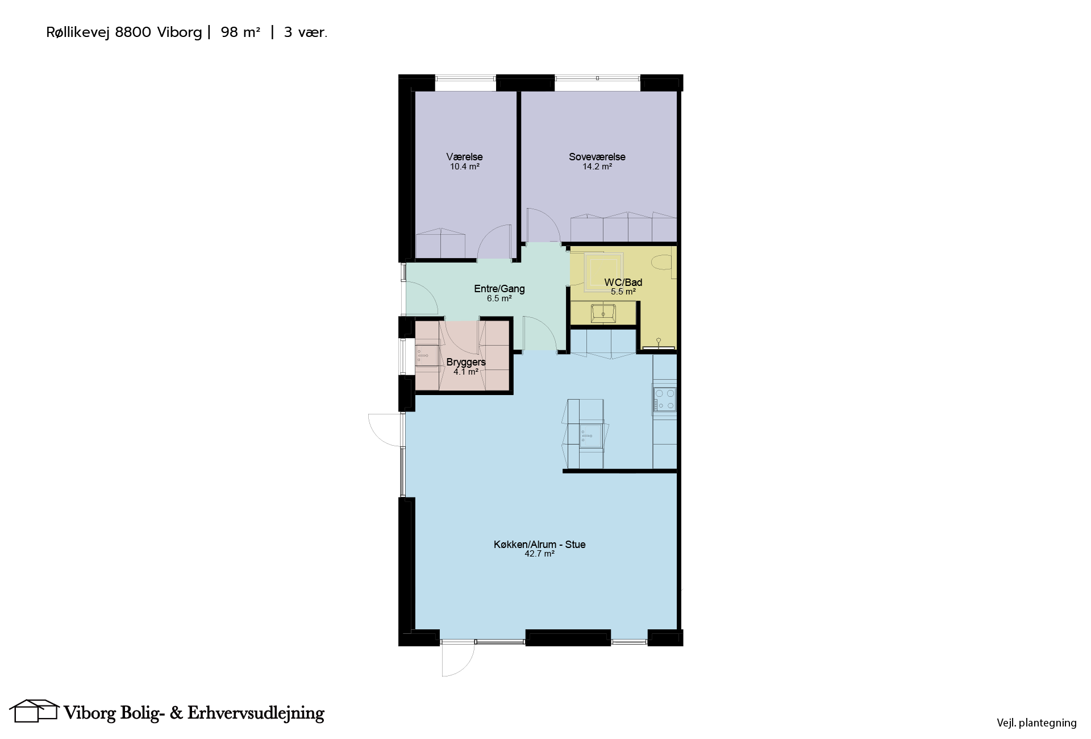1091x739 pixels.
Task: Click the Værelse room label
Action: click(x=464, y=157)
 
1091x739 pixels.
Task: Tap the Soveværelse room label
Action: click(x=597, y=157)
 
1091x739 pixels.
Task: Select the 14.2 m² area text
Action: click(x=597, y=167)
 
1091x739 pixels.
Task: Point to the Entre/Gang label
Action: click(x=499, y=289)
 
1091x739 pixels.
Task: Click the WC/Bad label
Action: click(x=623, y=283)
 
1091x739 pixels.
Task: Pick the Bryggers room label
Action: click(x=466, y=363)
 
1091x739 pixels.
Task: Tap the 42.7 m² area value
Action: click(x=540, y=554)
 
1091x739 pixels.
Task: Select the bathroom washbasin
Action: click(x=603, y=313)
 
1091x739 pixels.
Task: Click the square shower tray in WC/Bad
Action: click(x=603, y=272)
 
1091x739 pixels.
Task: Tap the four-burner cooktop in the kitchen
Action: click(x=665, y=398)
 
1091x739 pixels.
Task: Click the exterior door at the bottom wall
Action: click(x=458, y=659)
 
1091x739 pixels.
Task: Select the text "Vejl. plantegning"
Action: click(x=1036, y=723)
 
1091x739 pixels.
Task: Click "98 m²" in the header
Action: click(x=240, y=32)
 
